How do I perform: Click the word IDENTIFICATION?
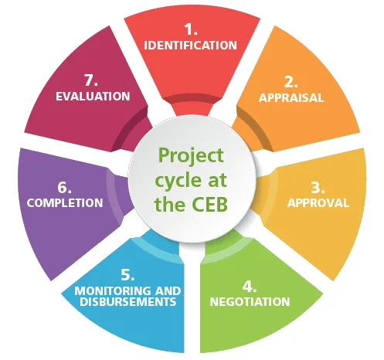point(191,45)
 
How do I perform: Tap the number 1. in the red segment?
point(191,29)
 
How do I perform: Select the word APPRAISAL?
point(291,98)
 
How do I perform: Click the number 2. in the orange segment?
point(291,81)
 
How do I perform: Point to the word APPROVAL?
point(318,203)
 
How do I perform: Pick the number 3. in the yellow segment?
point(317,187)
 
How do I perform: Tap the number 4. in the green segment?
point(249,284)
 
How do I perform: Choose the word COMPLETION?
point(65,203)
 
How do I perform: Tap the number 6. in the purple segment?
point(65,186)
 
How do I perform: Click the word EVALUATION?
point(93,97)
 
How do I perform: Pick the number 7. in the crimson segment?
point(93,80)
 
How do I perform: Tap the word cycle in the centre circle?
point(180,181)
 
